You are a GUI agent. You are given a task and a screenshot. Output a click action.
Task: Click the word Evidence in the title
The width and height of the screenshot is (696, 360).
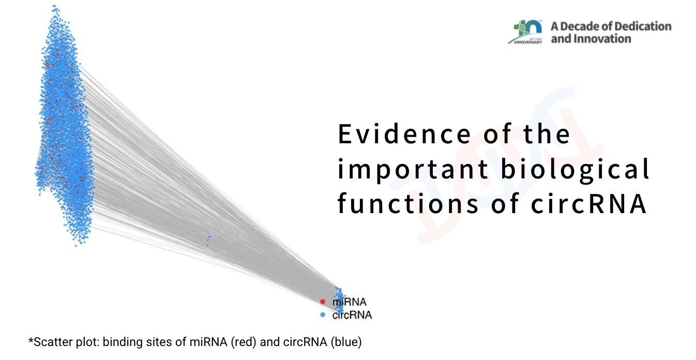click(404, 134)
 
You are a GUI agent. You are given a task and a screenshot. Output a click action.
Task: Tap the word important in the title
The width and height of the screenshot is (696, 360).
click(413, 170)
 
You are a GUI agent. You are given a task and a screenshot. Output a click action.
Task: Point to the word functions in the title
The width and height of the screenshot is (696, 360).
click(408, 204)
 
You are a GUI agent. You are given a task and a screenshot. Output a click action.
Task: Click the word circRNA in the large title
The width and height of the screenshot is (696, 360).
click(589, 204)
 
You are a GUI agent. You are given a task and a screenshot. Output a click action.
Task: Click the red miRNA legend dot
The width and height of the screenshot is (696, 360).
click(323, 302)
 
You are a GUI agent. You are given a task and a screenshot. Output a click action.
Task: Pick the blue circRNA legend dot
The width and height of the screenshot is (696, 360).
click(323, 315)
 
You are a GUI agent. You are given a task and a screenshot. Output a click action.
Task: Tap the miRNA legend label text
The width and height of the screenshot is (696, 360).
click(350, 302)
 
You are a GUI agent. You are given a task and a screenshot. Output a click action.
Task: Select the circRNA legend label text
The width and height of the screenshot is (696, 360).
click(352, 315)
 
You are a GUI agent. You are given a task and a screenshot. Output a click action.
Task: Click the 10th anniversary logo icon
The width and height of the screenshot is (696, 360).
click(526, 32)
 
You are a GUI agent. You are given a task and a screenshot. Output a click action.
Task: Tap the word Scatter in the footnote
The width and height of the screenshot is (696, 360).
click(51, 342)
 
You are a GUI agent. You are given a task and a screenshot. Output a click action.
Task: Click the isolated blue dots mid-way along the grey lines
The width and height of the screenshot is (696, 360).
click(208, 241)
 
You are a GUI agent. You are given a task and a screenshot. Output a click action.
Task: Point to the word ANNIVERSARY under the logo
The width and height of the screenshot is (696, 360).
click(528, 42)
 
